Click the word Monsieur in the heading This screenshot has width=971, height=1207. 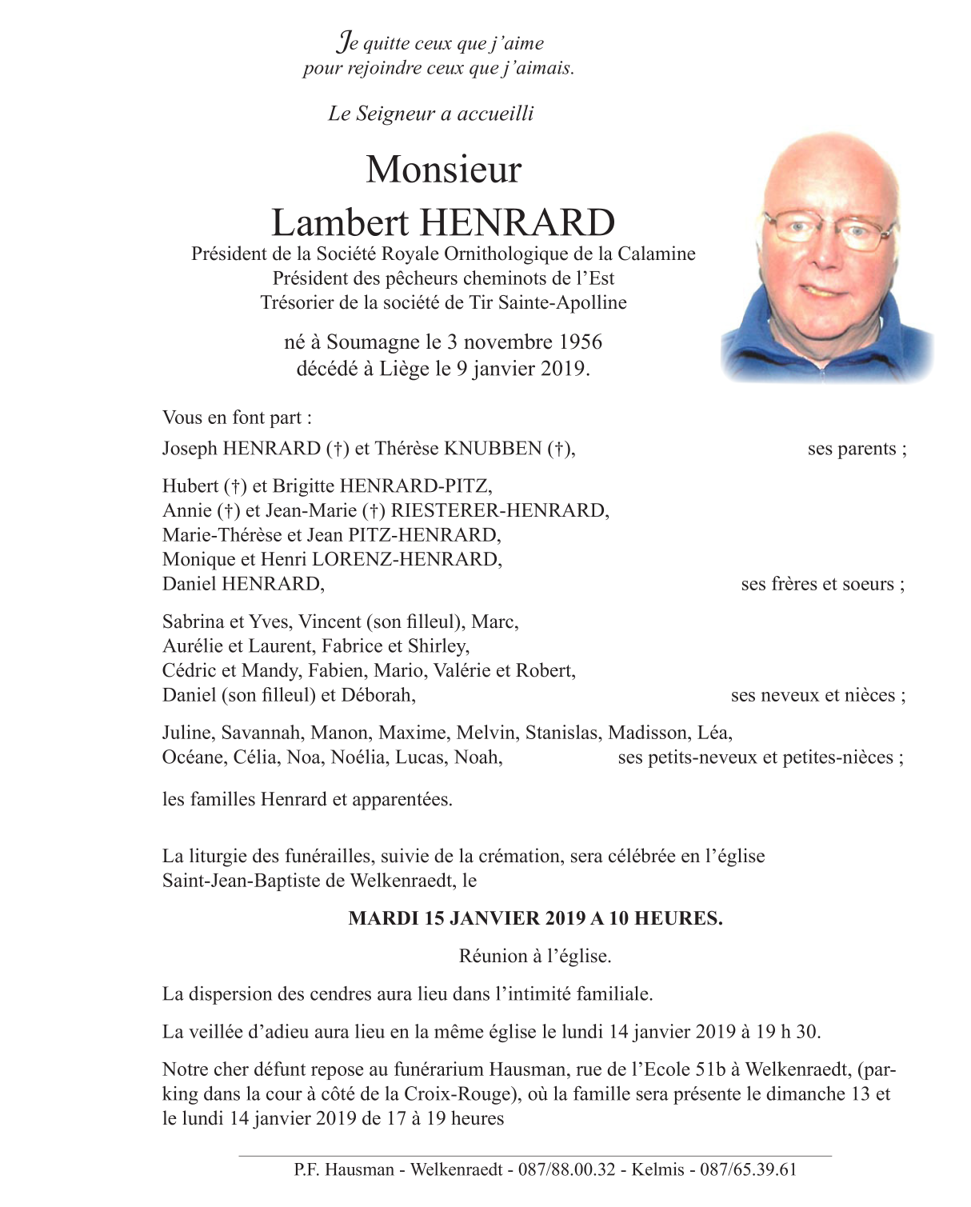point(443,170)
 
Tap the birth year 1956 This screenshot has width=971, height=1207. point(580,342)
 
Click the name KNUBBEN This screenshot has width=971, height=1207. point(493,449)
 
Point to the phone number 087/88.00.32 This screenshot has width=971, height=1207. point(567,1169)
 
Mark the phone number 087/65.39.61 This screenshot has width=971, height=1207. point(748,1169)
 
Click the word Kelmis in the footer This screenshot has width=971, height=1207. point(657,1169)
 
